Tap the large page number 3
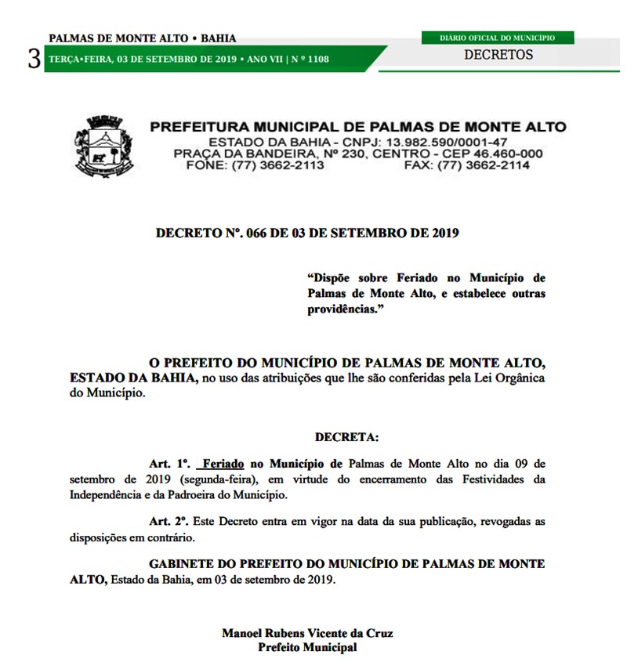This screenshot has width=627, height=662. coord(34,59)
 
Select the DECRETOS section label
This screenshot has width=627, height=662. coord(498,55)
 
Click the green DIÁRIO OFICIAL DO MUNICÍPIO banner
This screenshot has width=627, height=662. coord(497,37)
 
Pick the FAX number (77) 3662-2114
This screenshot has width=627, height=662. coord(484,165)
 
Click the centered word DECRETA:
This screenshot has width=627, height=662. coord(346,437)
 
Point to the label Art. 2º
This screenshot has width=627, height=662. coord(169,521)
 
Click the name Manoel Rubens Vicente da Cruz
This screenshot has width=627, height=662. coord(307,633)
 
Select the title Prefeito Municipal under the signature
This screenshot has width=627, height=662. coord(307,647)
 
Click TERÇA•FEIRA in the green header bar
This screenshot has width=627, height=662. coord(80,59)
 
